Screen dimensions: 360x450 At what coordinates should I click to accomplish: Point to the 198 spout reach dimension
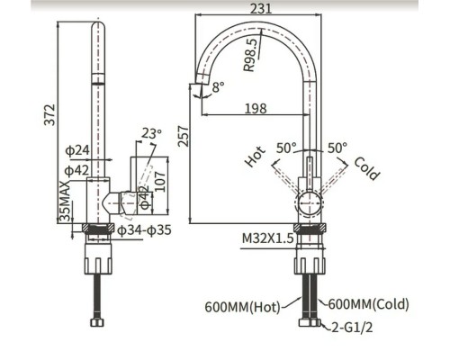[256, 109]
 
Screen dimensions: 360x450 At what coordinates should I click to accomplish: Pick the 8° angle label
[217, 88]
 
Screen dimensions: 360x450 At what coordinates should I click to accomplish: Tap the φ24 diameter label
[77, 149]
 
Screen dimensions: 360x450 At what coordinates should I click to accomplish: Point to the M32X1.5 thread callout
[268, 238]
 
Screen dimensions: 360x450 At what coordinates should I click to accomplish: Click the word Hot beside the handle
[255, 158]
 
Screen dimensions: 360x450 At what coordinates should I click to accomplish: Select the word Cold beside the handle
[365, 168]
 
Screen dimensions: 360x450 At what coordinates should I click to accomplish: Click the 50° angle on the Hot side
[286, 147]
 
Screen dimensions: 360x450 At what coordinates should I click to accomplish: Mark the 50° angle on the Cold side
[337, 147]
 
